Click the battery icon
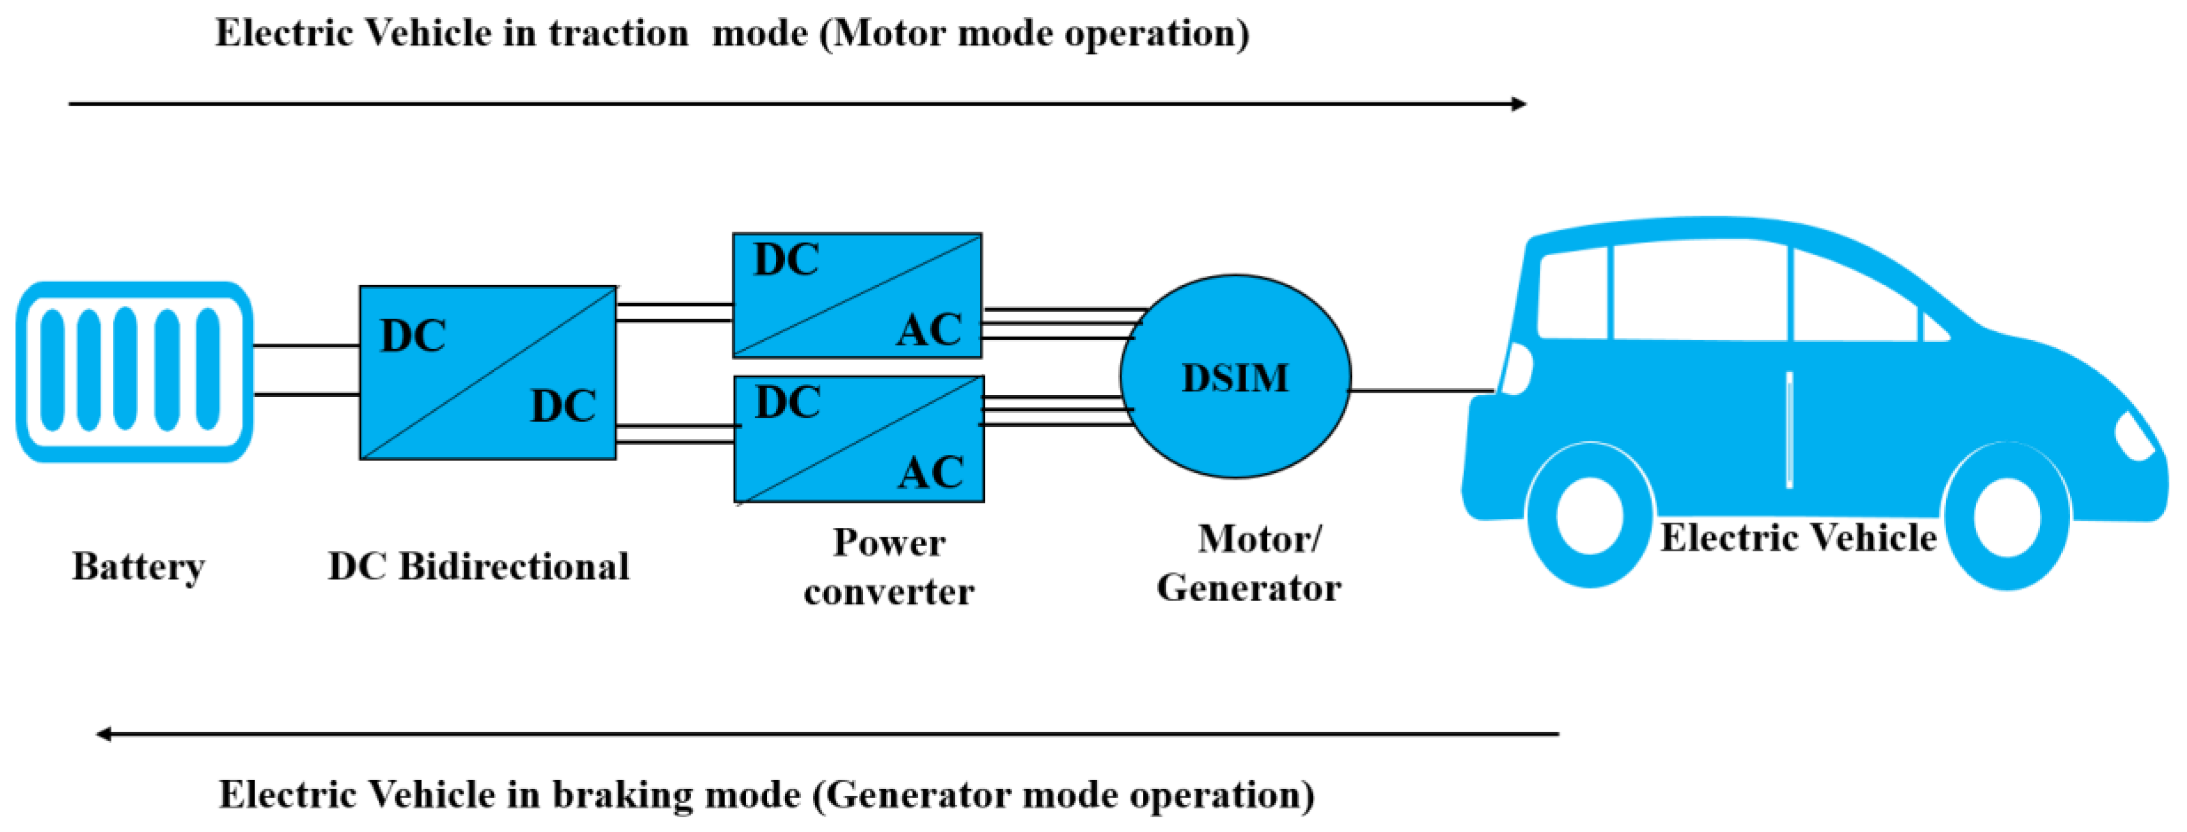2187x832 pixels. (134, 372)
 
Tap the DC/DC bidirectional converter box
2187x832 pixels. (488, 373)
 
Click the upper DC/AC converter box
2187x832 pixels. (858, 295)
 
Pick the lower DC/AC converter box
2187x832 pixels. (859, 439)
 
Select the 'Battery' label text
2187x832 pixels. (138, 566)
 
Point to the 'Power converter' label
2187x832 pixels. (889, 566)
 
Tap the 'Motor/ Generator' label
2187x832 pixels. (1249, 563)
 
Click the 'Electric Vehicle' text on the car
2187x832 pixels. (1798, 537)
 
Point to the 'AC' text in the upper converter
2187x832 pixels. (930, 329)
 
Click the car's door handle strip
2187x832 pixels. (1790, 430)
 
